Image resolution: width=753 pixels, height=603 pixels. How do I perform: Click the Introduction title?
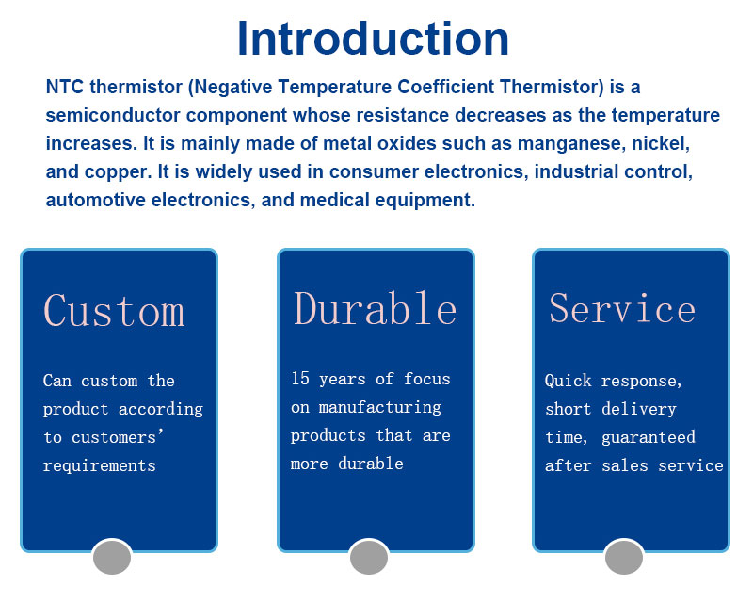tap(373, 39)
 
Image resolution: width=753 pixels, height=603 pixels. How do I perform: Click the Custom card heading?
tap(114, 311)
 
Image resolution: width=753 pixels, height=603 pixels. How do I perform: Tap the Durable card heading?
tap(375, 308)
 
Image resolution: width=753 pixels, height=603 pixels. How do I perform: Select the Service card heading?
tap(622, 308)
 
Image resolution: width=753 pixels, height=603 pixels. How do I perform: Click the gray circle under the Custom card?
tap(112, 557)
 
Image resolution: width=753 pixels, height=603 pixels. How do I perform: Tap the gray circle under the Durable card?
tap(369, 557)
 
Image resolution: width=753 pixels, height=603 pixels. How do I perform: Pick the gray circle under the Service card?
tap(624, 557)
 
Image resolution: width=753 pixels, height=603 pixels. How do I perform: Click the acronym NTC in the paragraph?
tap(65, 87)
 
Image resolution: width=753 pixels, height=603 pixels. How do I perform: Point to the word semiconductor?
tap(113, 115)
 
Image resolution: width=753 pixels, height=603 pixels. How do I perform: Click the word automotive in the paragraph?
tap(96, 200)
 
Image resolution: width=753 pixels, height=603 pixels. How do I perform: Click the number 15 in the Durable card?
tap(300, 378)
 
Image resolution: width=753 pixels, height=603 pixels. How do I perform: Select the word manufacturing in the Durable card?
tap(380, 407)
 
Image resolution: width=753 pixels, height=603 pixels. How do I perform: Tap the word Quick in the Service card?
tap(569, 381)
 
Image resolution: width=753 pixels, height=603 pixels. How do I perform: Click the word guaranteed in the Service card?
tap(649, 437)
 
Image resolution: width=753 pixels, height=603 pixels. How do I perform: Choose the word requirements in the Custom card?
tap(100, 465)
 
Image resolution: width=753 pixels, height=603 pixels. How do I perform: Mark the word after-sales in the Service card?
tap(597, 465)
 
